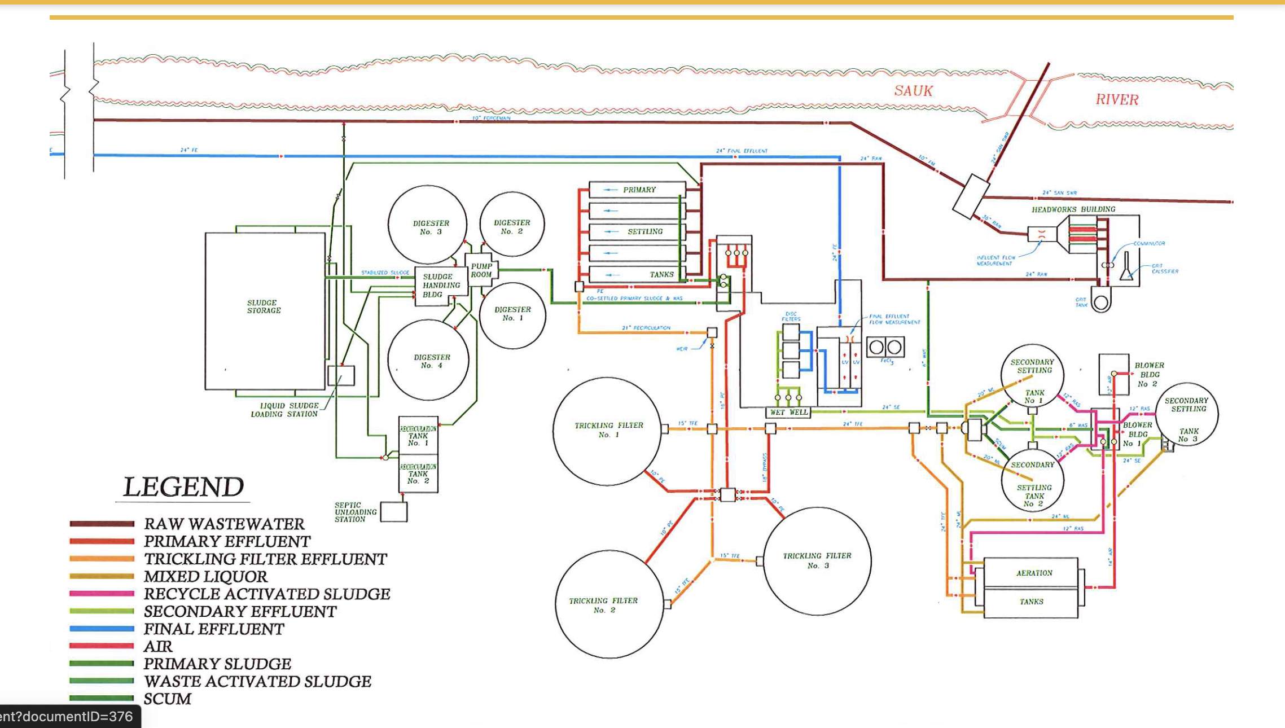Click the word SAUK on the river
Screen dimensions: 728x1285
(x=913, y=91)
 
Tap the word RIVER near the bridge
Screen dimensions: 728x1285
(x=1116, y=100)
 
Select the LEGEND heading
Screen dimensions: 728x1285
(x=183, y=487)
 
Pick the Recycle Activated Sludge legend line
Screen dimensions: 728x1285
(x=102, y=594)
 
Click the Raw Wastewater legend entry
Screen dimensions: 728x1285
(x=223, y=524)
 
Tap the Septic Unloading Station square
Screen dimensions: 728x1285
(x=393, y=512)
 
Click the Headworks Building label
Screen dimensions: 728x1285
(x=1073, y=209)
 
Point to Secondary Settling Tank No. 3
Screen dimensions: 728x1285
(x=1187, y=415)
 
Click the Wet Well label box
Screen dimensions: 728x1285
(x=788, y=413)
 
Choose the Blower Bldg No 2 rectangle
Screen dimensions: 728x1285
(x=1113, y=374)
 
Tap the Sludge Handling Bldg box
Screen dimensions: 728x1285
(x=436, y=286)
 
